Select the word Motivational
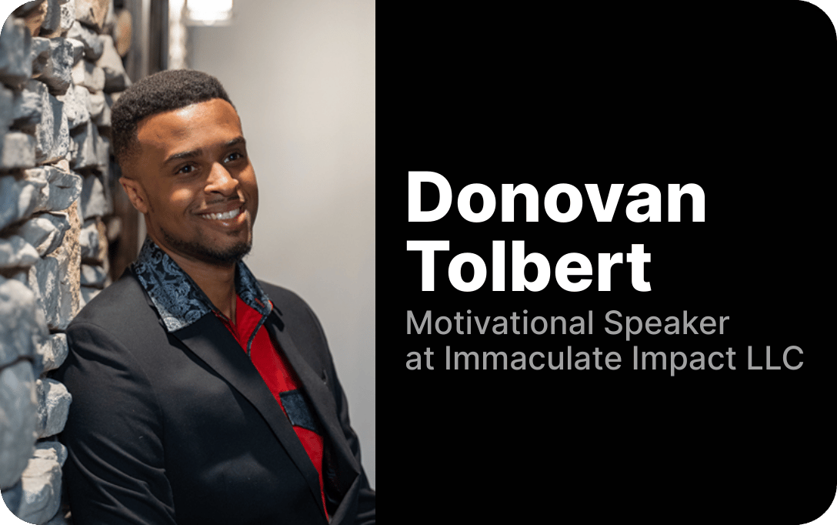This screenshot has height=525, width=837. click(501, 324)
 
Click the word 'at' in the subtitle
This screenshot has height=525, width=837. click(420, 359)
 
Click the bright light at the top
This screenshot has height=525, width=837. click(208, 9)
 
